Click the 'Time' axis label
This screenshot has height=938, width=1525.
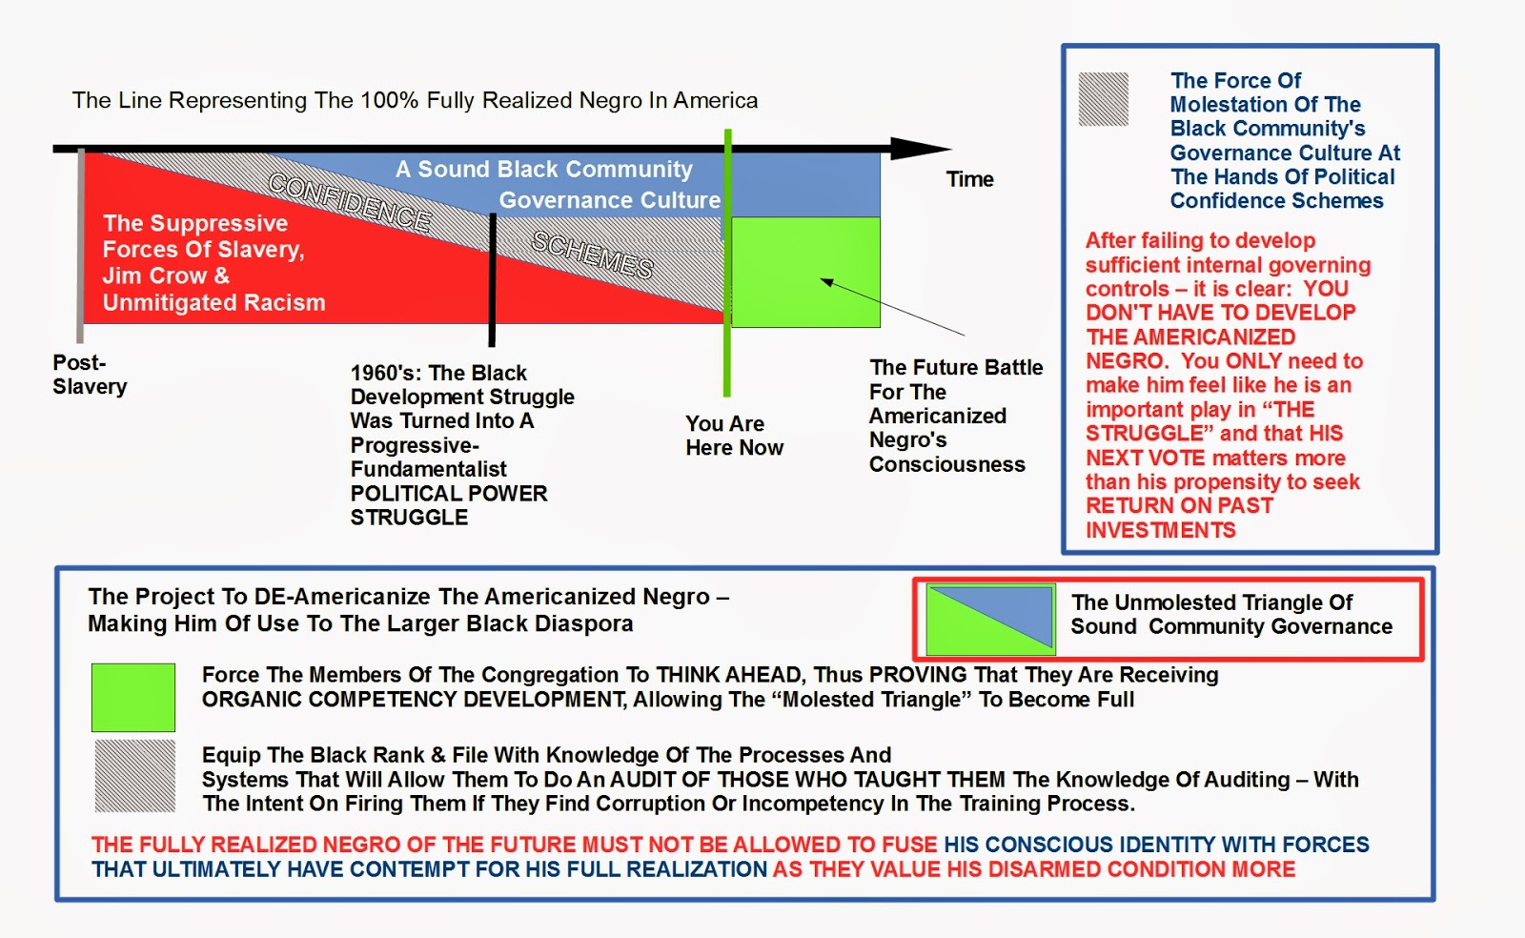pos(969,179)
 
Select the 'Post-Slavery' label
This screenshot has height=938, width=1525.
pos(90,375)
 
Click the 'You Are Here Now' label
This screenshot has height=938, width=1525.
pos(735,435)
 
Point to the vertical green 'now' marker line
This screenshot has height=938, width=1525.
pos(727,262)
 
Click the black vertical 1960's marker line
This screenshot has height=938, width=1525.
pos(492,279)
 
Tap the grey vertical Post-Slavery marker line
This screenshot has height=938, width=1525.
pos(80,245)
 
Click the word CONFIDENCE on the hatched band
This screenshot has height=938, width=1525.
pos(349,201)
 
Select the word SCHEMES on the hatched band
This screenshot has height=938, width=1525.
pos(592,255)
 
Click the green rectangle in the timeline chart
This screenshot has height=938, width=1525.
pos(805,273)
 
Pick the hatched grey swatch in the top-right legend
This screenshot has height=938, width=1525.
pos(1104,99)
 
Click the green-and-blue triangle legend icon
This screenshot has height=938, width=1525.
pos(990,620)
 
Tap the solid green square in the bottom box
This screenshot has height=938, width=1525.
pos(133,698)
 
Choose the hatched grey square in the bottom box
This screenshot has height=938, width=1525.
pos(134,776)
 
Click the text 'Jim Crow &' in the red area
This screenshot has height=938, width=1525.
pos(166,275)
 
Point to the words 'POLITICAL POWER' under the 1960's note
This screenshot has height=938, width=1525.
pos(449,493)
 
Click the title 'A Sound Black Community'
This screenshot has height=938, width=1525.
pos(544,169)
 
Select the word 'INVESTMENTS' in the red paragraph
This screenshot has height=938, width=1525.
pos(1160,530)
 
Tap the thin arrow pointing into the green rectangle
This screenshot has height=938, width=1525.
pos(892,307)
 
